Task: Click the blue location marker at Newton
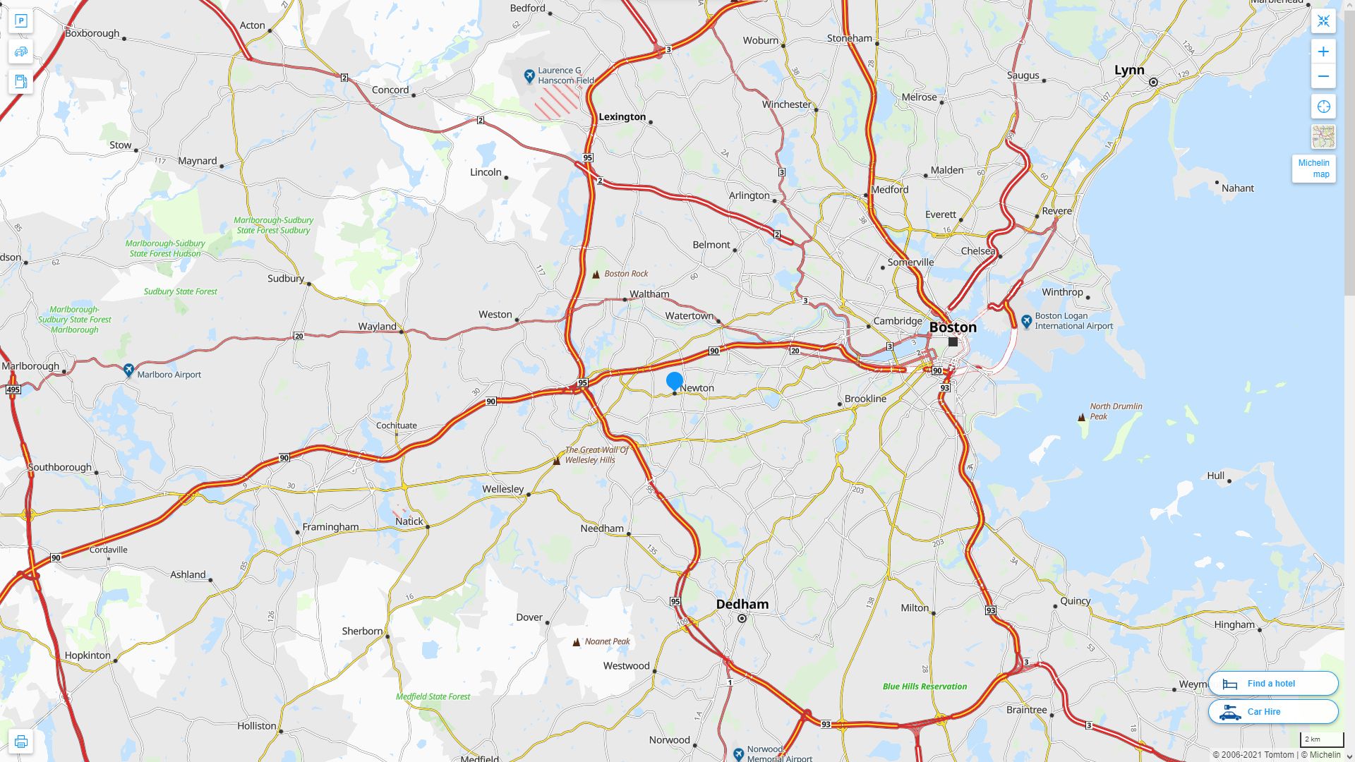pos(675,381)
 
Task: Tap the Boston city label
pos(953,327)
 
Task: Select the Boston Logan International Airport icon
pos(1027,321)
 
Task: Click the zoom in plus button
pos(1323,52)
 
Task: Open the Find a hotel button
pos(1272,684)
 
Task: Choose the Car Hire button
pos(1272,712)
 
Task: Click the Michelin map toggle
pos(1313,169)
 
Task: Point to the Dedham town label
pos(742,604)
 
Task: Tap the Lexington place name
pos(622,117)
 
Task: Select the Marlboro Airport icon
pos(128,370)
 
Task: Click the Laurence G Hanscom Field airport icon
pos(529,75)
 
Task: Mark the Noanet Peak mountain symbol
pos(577,642)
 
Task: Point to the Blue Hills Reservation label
pos(925,687)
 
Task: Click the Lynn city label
pos(1129,70)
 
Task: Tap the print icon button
pos(20,742)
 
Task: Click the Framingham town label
pos(330,527)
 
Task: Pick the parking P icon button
pos(20,21)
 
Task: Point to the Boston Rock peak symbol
pos(596,274)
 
